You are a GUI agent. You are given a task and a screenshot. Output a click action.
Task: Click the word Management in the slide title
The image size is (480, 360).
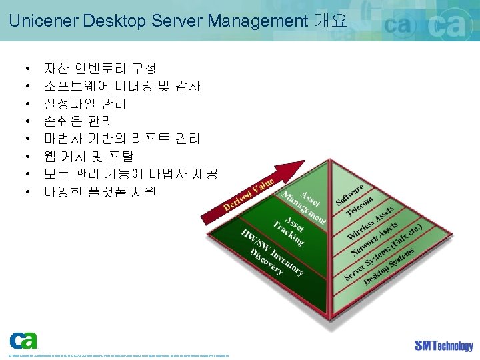click(x=257, y=21)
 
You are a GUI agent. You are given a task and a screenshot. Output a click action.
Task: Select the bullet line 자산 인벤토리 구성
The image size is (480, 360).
click(x=99, y=69)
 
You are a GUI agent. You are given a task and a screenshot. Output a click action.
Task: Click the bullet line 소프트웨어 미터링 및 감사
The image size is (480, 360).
click(x=122, y=86)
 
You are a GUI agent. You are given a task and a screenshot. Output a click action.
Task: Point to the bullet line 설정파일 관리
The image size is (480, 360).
click(x=85, y=104)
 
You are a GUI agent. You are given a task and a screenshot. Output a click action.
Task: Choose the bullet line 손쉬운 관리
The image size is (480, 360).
click(x=78, y=121)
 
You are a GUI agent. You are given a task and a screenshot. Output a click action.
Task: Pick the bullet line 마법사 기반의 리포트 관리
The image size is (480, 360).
click(x=121, y=139)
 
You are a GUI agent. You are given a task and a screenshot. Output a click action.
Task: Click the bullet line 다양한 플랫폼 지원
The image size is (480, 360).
click(x=99, y=192)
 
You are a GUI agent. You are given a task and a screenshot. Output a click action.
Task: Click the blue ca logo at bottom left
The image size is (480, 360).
click(x=23, y=341)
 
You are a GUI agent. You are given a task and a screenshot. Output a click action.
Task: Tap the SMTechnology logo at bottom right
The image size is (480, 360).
click(x=443, y=345)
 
